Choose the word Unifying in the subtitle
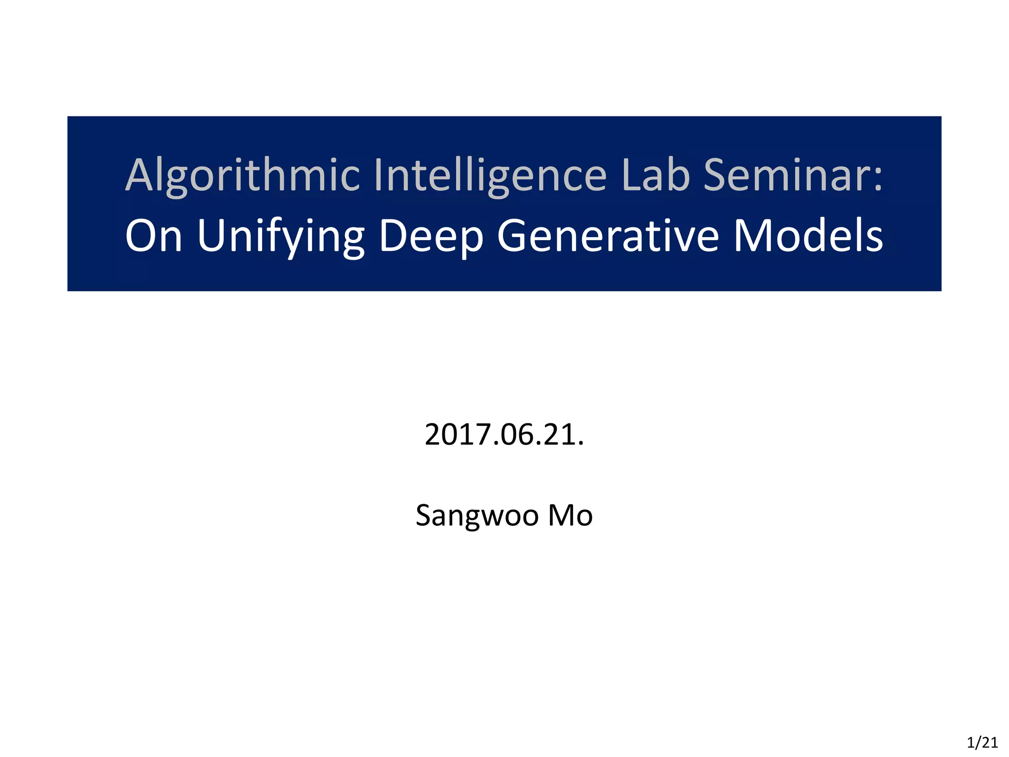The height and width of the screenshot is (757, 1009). (281, 237)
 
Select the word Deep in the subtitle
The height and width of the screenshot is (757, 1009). (431, 237)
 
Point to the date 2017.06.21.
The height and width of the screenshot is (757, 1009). (504, 435)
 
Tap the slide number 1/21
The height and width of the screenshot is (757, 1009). (982, 742)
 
